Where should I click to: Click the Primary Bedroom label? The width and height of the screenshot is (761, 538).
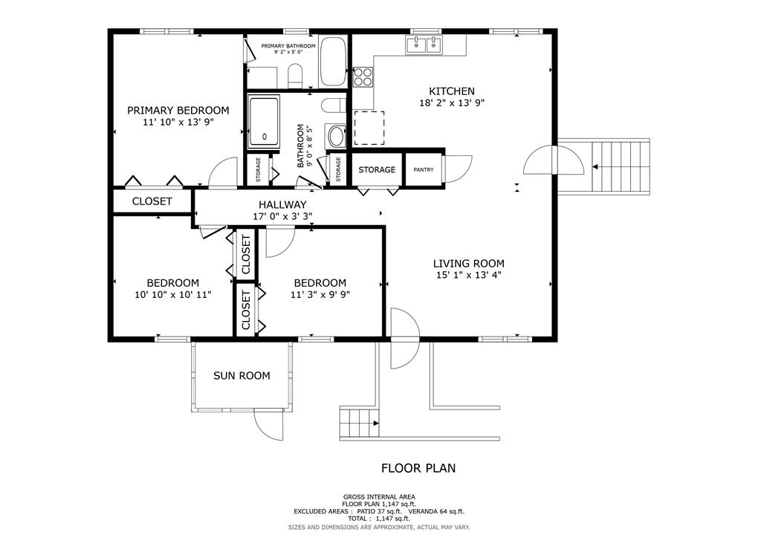[178, 110]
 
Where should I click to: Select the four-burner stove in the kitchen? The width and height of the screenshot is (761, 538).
[363, 77]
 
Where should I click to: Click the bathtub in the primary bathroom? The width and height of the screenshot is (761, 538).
[332, 61]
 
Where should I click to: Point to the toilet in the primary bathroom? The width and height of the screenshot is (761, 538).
[294, 76]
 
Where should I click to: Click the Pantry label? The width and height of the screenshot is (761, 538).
[424, 169]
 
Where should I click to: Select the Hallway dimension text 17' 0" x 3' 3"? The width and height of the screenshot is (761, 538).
[282, 216]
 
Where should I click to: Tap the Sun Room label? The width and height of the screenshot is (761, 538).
[242, 375]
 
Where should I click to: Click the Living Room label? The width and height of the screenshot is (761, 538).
[469, 263]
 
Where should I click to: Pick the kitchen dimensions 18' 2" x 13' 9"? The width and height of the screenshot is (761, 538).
[452, 103]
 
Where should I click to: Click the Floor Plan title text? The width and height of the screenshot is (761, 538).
[418, 468]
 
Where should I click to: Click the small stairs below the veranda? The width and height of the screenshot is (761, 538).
[360, 423]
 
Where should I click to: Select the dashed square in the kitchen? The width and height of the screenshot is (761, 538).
[369, 128]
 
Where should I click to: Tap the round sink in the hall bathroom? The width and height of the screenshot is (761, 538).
[336, 136]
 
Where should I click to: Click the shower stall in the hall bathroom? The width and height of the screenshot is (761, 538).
[264, 122]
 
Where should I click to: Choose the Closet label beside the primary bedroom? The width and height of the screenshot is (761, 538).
[152, 201]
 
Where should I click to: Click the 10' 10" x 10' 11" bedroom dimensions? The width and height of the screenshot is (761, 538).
[172, 294]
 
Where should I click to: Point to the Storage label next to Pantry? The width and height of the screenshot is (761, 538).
[377, 169]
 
